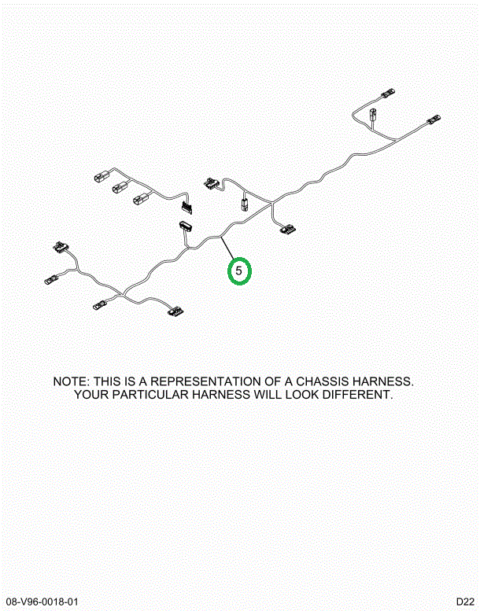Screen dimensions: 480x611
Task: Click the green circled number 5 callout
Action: pos(239,271)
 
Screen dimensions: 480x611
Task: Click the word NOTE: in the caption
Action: pos(72,381)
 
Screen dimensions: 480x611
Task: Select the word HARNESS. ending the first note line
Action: pos(386,381)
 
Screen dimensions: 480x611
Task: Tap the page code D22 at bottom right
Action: pos(466,602)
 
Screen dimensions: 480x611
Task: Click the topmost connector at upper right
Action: pos(387,94)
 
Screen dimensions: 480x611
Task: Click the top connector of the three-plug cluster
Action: pos(102,176)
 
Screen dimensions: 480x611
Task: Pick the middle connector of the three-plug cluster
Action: pos(120,187)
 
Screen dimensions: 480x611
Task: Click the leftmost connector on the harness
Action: pos(52,279)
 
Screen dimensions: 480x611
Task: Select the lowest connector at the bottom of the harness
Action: pos(175,311)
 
